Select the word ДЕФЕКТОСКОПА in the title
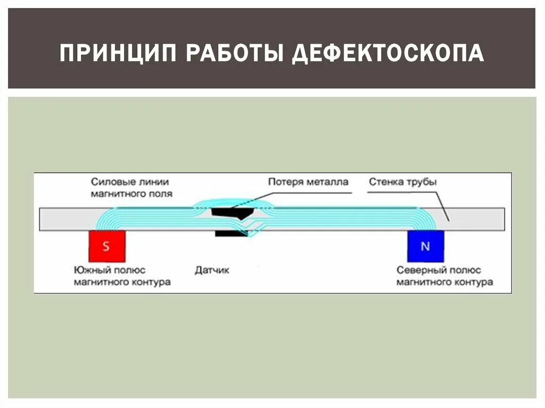coord(390,54)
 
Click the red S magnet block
coord(107,246)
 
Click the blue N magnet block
coord(425,246)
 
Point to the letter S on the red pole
coord(106,246)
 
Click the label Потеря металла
coord(308,182)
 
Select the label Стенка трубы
coord(403,182)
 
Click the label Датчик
coord(212,270)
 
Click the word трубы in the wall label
coord(424,182)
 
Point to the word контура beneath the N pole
coord(474,282)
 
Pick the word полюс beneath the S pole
coord(127,271)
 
